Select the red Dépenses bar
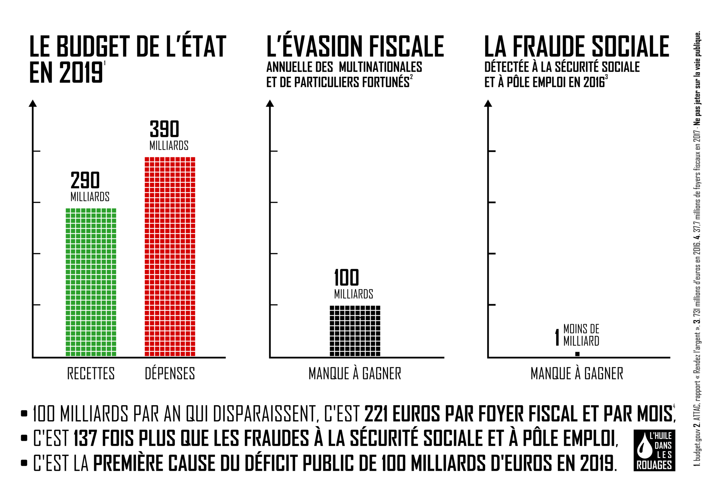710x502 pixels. tap(170, 256)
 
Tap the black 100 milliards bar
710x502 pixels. tap(355, 331)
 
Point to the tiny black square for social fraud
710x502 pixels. tap(577, 354)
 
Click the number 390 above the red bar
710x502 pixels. tap(164, 129)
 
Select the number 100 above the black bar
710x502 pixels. tap(346, 278)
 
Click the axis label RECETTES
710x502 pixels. tap(91, 374)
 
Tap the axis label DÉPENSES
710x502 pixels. tap(170, 374)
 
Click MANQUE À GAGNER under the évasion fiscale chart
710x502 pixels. tap(355, 374)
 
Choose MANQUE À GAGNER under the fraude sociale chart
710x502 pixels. tap(577, 374)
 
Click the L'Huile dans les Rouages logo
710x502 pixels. tap(654, 450)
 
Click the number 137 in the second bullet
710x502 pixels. tap(85, 438)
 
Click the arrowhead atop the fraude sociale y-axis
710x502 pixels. tap(488, 103)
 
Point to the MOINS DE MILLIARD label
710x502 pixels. tap(581, 335)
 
